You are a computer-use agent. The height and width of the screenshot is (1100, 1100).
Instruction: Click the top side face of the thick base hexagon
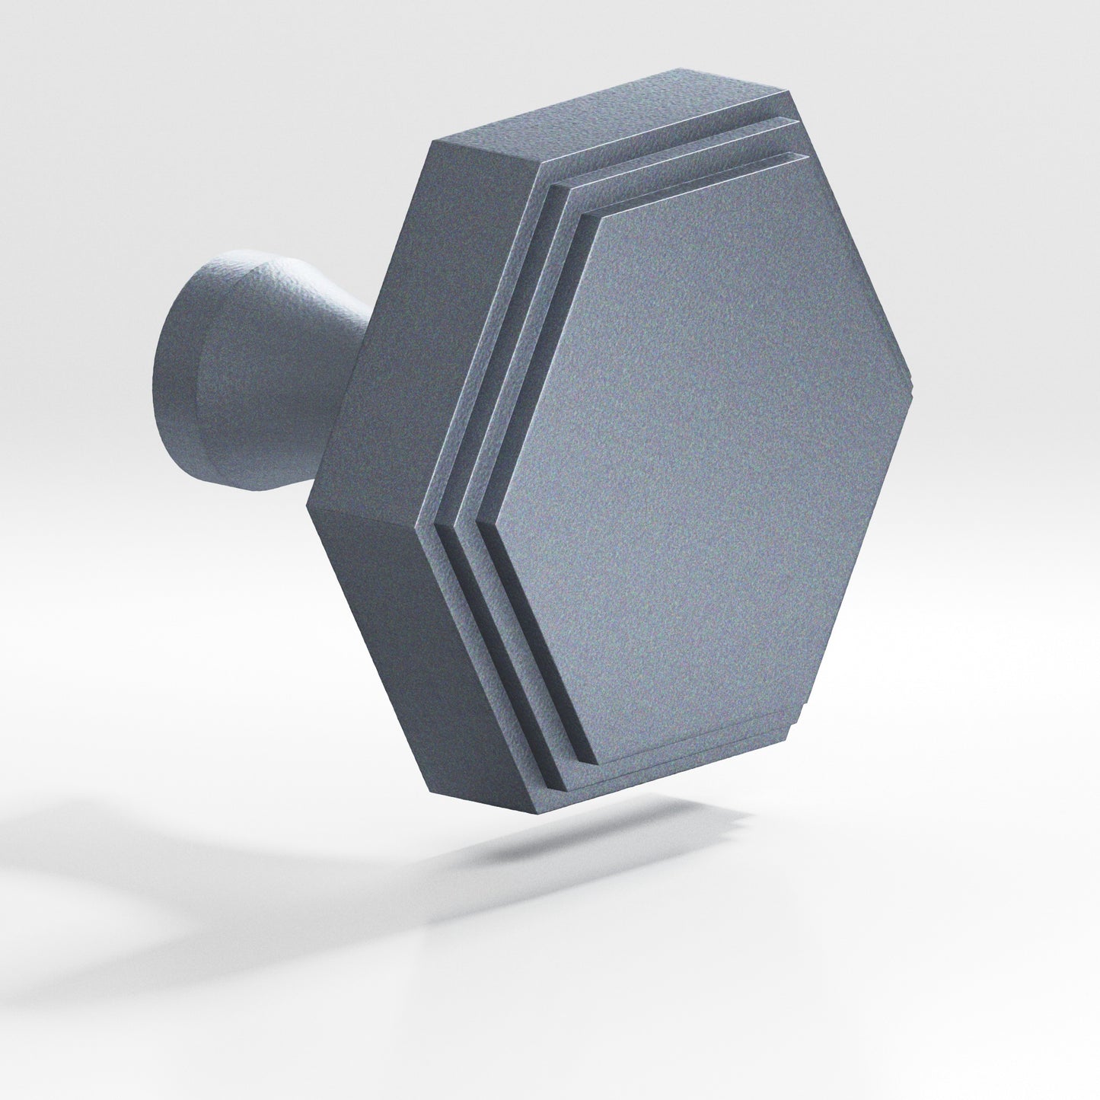point(609,114)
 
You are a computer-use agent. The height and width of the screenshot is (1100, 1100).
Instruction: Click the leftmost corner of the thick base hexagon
point(308,505)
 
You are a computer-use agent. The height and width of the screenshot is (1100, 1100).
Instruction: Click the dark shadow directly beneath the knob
point(594,837)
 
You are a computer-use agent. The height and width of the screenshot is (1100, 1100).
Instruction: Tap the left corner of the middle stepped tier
point(454,525)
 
